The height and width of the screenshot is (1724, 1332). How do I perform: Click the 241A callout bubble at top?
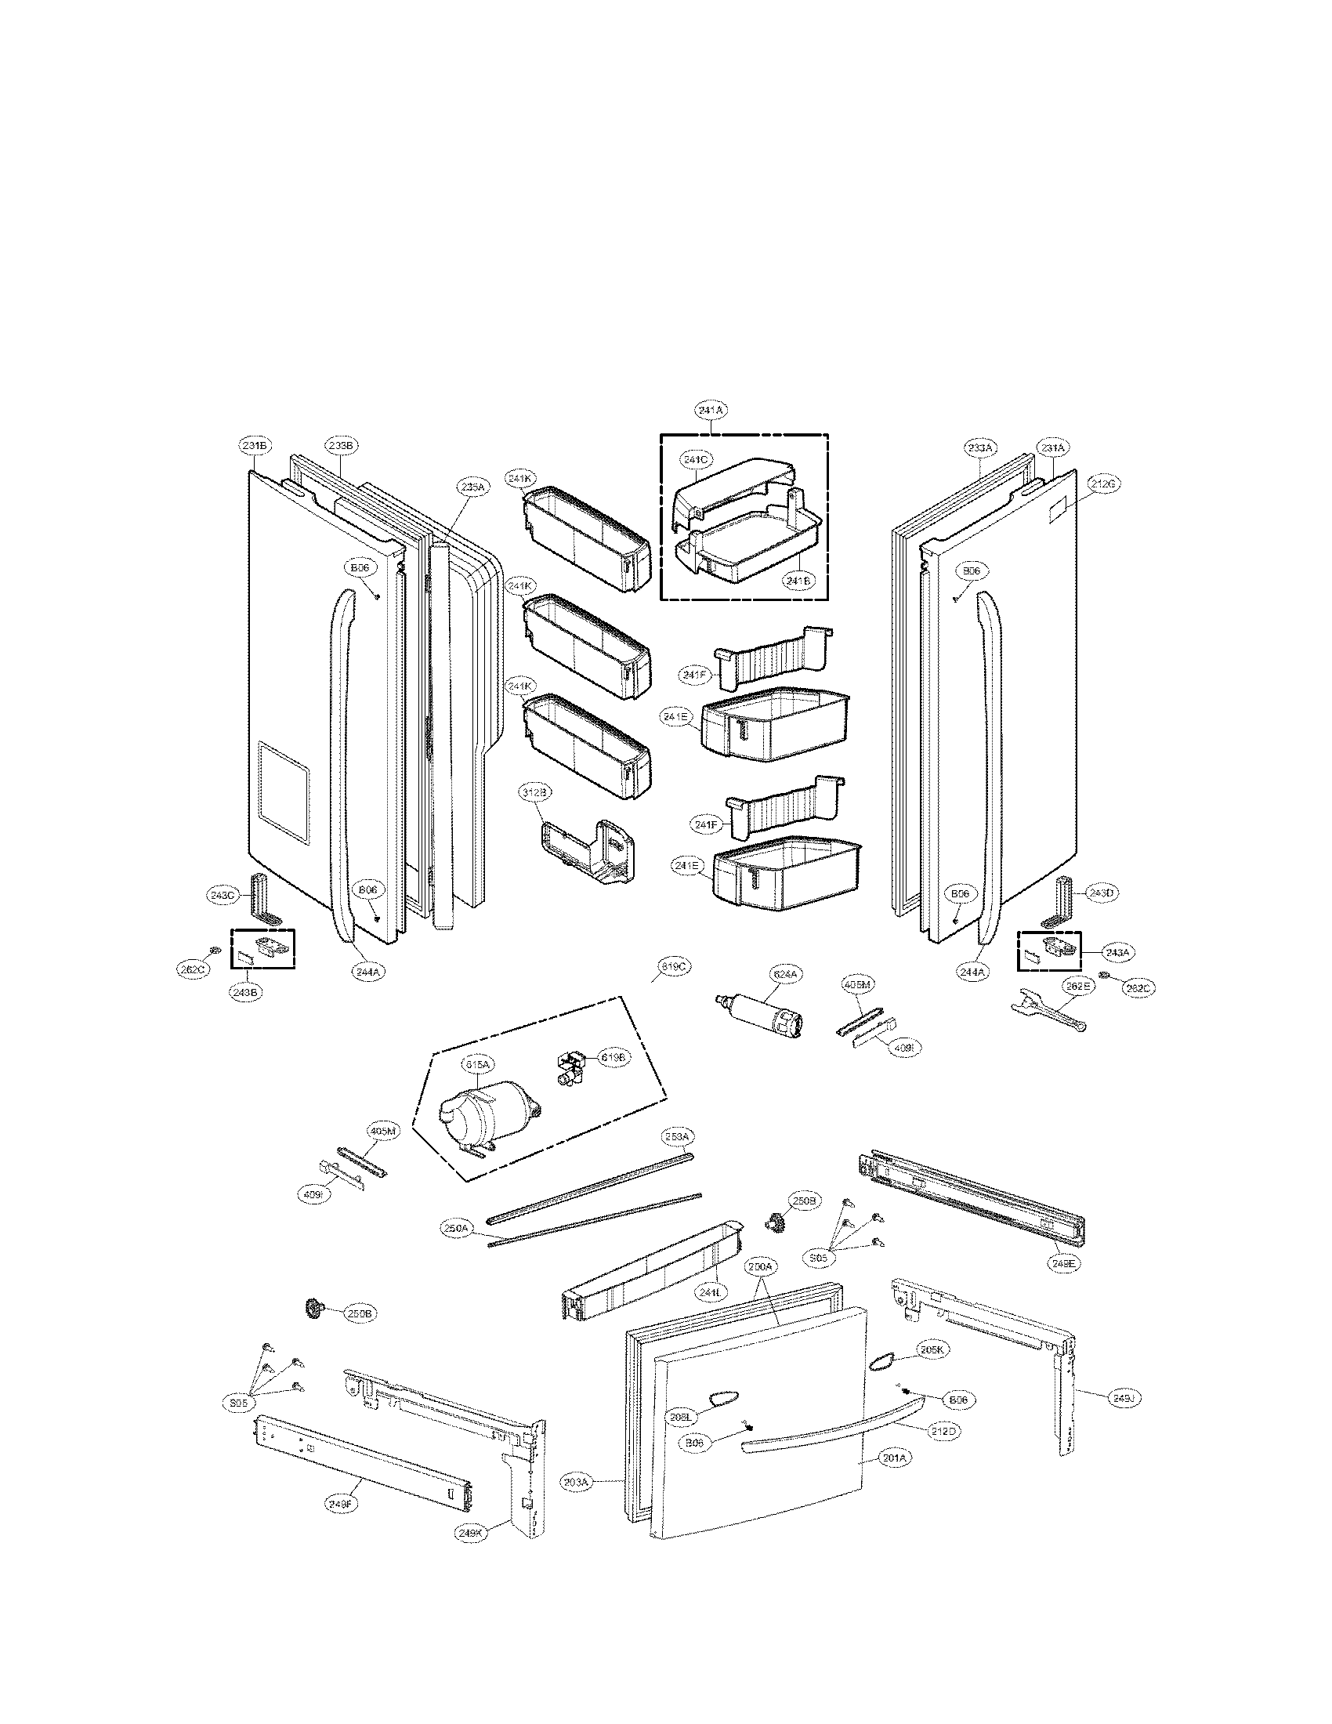click(711, 410)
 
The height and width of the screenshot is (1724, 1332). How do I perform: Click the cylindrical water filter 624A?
click(762, 1013)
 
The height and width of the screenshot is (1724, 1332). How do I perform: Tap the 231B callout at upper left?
click(255, 446)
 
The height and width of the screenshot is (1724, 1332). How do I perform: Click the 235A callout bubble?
click(472, 488)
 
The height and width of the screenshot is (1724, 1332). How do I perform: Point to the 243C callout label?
click(222, 895)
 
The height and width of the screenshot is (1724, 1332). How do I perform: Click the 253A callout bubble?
click(677, 1137)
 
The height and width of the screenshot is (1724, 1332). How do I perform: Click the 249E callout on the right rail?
click(1064, 1263)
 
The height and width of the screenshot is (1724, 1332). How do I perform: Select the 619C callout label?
click(675, 967)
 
